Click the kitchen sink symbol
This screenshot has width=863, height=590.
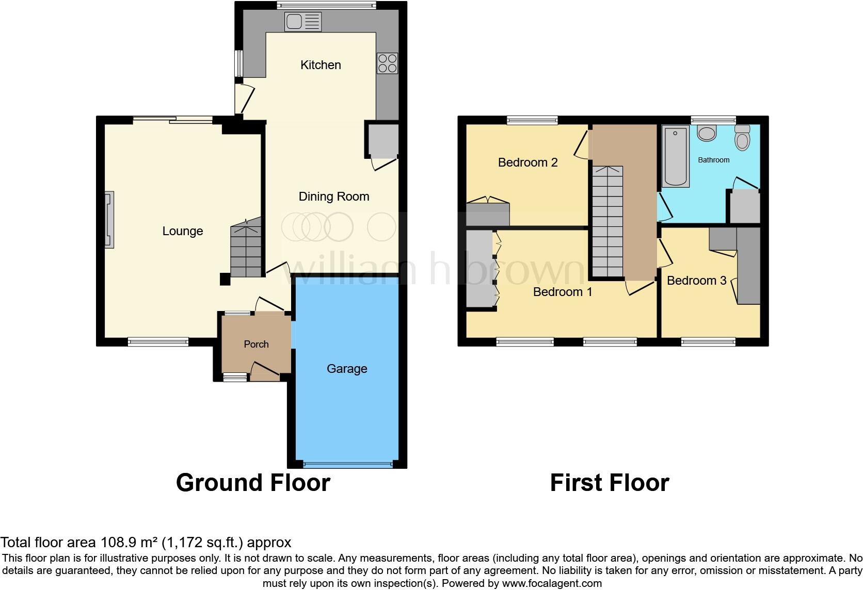[302, 22]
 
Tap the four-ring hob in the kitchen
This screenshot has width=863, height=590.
[387, 63]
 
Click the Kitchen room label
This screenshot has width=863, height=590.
[321, 65]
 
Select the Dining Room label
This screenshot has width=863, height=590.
[334, 196]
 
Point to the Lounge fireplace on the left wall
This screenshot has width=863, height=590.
[109, 220]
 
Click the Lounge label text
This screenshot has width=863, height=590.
[182, 231]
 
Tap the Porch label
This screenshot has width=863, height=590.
[256, 344]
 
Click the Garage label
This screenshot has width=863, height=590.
[347, 369]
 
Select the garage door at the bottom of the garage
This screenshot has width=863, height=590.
[347, 465]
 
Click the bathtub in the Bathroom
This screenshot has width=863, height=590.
[676, 156]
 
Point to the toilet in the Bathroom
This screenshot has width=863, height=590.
[742, 138]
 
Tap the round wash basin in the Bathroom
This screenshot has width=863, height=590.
[706, 133]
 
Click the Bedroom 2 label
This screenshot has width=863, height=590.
[528, 162]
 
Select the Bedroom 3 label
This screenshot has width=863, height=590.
[696, 281]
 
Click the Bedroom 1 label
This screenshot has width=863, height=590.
[562, 292]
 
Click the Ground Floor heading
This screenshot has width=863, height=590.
[253, 483]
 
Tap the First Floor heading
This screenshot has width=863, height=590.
[609, 483]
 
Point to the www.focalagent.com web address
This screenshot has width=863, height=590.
[552, 583]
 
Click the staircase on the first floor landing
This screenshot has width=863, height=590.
[608, 222]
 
